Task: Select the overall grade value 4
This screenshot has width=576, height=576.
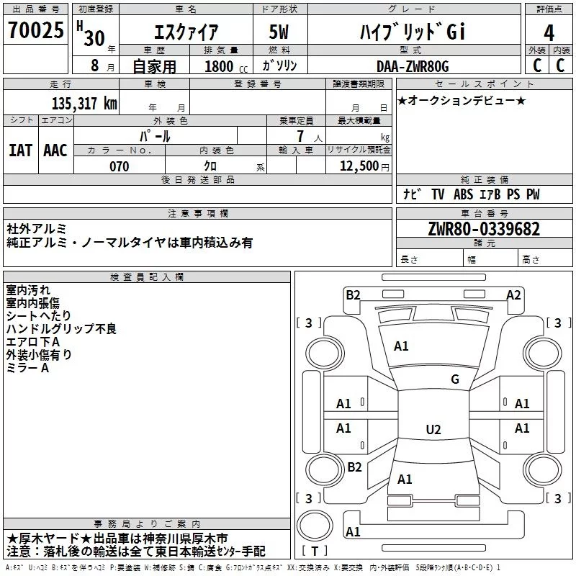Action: point(549,32)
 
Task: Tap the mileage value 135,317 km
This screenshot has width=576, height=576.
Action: point(84,104)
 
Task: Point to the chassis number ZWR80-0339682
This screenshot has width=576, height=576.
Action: point(483,229)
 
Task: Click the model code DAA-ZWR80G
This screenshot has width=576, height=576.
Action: point(413,66)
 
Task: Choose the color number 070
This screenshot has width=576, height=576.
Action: point(119,166)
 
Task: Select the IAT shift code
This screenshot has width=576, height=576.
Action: point(20,150)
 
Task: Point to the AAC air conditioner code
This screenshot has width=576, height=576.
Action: point(55,150)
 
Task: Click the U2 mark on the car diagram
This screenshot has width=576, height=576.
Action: point(433,430)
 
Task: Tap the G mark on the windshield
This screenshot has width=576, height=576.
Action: point(454,379)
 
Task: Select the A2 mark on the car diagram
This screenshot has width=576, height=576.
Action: point(513,294)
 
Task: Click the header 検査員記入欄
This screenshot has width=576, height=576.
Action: point(147,277)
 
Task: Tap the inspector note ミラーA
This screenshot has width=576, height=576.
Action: point(27,367)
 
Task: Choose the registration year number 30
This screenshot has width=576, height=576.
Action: point(94,37)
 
